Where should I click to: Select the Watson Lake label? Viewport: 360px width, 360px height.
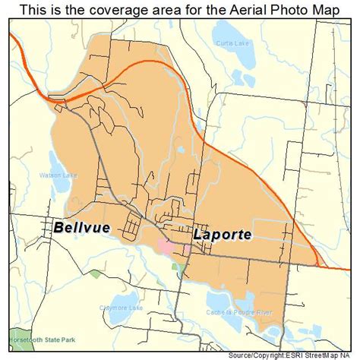click(x=54, y=175)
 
